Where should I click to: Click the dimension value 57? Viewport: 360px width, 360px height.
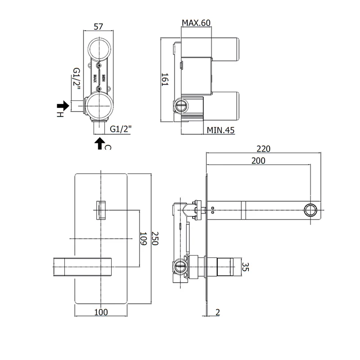point(98,27)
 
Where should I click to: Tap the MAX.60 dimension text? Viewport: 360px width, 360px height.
point(196,23)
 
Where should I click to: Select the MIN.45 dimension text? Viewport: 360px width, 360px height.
point(220,130)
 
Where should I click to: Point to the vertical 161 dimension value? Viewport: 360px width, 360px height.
point(165,80)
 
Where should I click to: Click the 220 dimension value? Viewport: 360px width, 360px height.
point(263,149)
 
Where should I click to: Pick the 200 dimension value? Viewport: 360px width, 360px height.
point(258,161)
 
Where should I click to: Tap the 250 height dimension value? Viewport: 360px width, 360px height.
point(155,238)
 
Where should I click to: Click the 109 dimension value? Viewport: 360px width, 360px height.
point(143,238)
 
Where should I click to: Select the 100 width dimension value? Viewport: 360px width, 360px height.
point(101,312)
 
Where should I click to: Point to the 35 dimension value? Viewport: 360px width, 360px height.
point(245,267)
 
